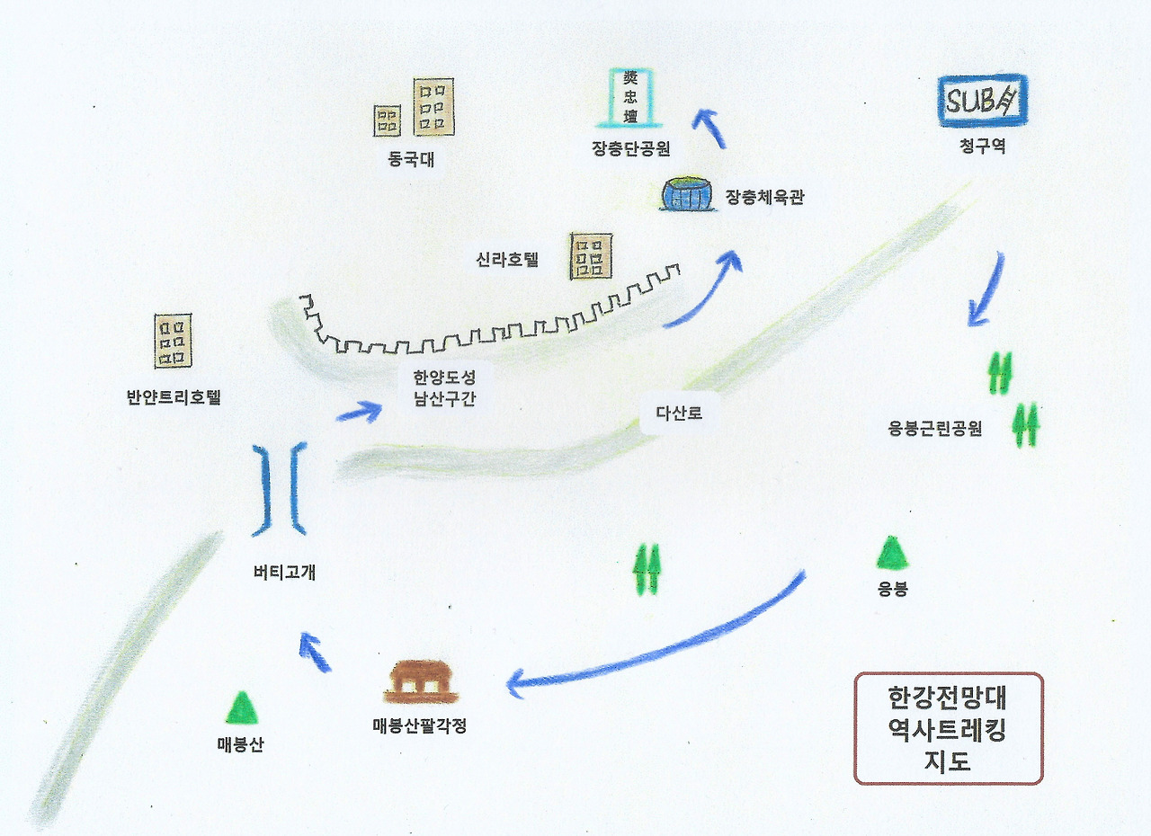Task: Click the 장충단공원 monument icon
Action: [x=630, y=97]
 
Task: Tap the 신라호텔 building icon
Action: [x=591, y=256]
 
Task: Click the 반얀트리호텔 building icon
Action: [x=173, y=341]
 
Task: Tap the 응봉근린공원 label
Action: [x=934, y=429]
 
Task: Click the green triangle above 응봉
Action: [x=892, y=553]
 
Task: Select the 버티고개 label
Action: [x=284, y=572]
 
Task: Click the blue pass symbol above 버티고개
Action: [x=280, y=490]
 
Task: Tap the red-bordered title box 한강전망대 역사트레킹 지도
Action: [x=947, y=728]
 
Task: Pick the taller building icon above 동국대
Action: [x=433, y=107]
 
